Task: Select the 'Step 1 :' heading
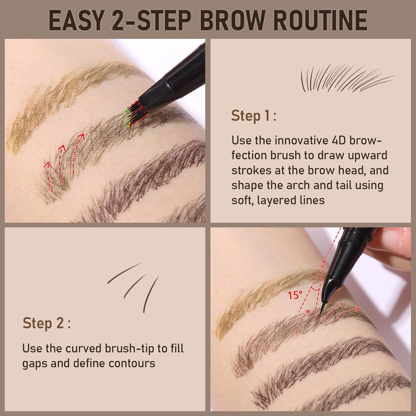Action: (254, 116)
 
